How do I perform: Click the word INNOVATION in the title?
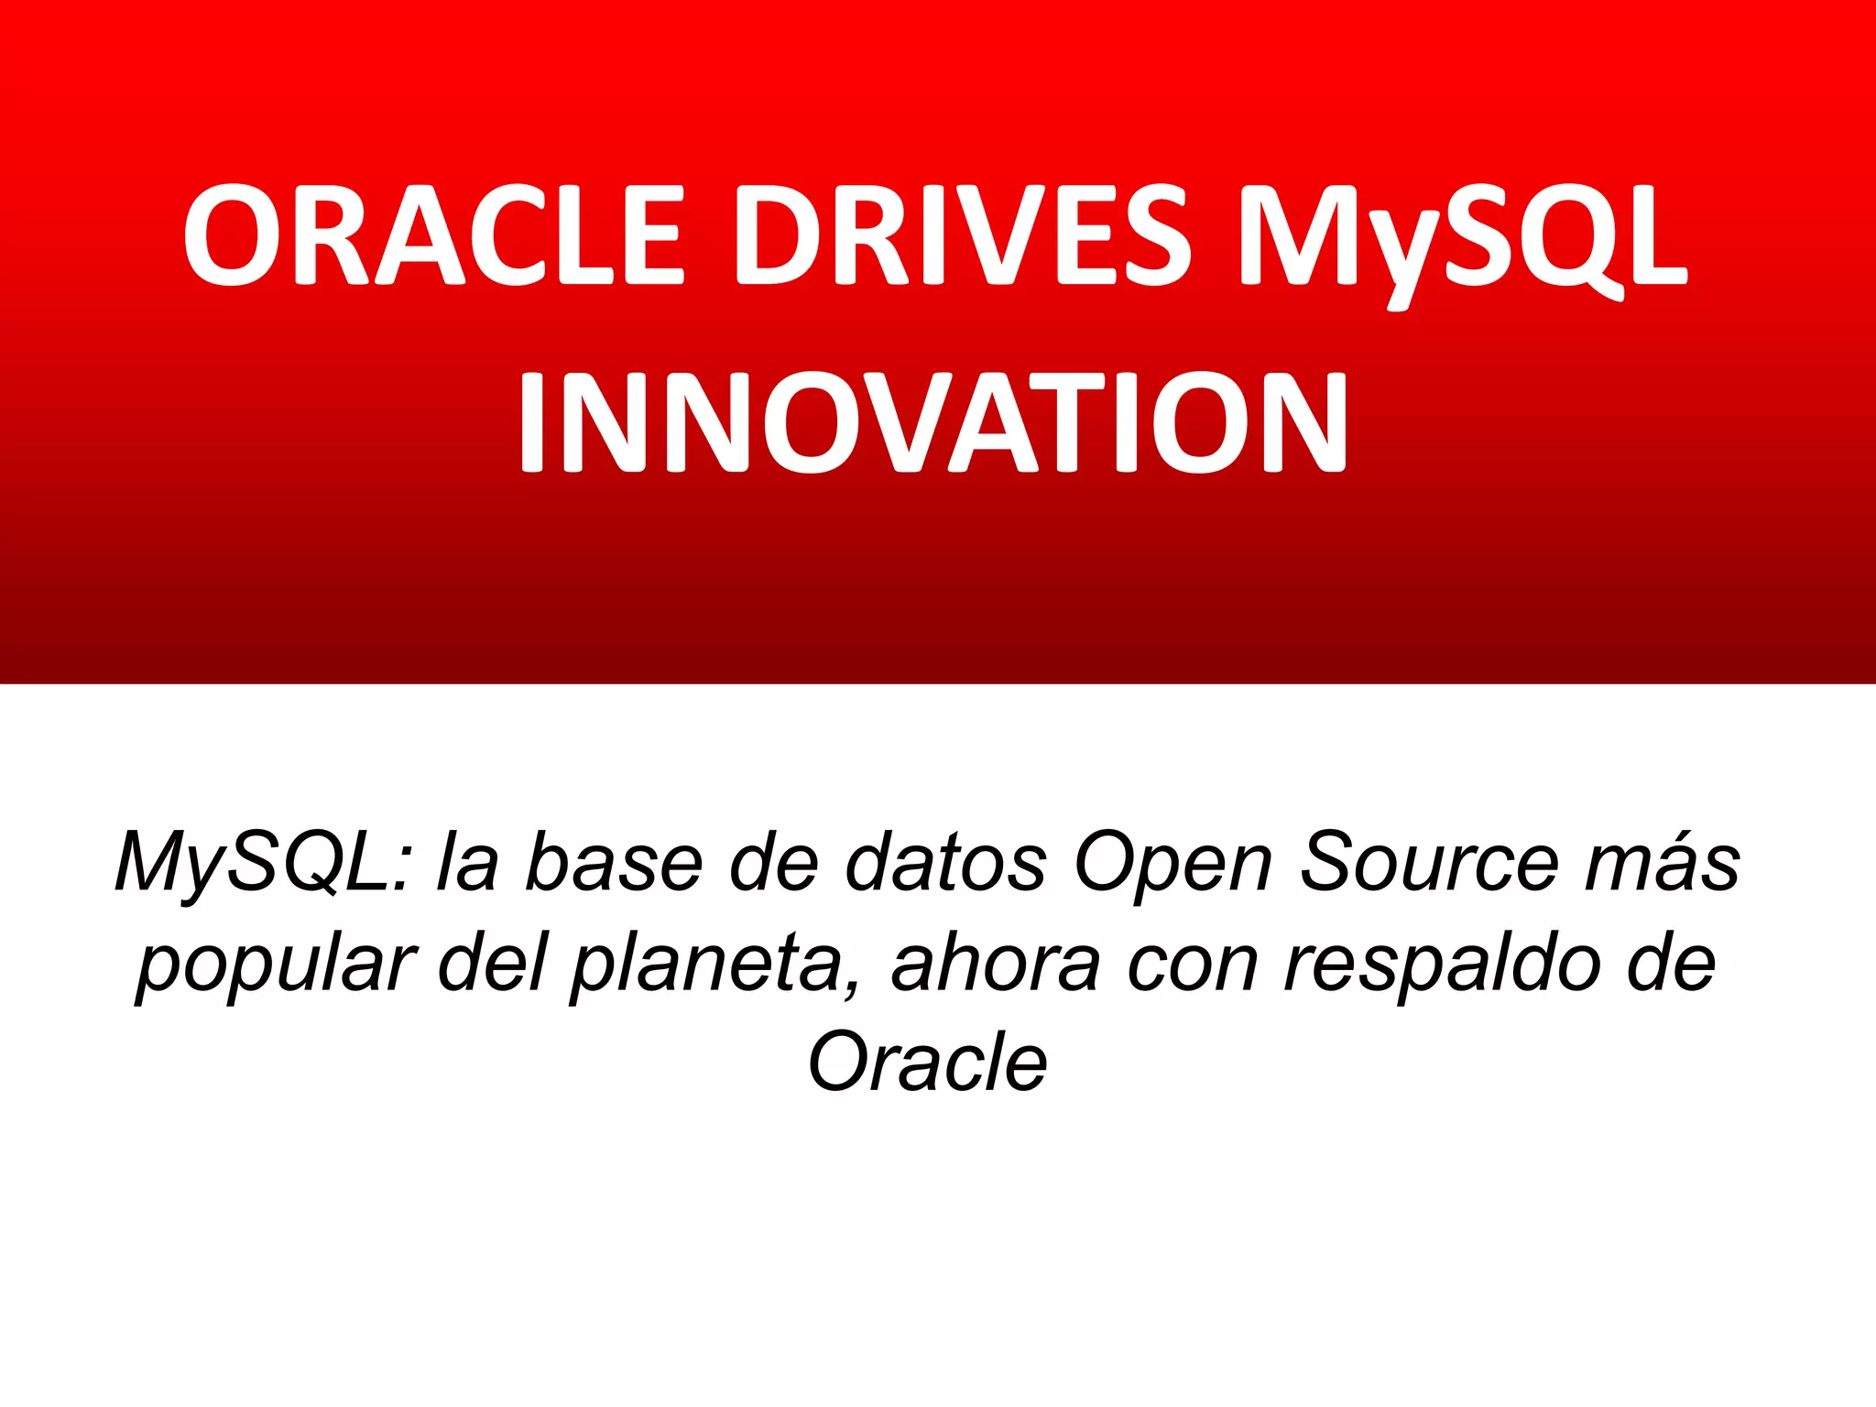coord(933,423)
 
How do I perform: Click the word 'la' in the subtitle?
coord(467,863)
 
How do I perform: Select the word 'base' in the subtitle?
coord(614,863)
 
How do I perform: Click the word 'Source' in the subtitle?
coord(1429,863)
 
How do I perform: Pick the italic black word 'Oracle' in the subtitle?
coord(927,1063)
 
